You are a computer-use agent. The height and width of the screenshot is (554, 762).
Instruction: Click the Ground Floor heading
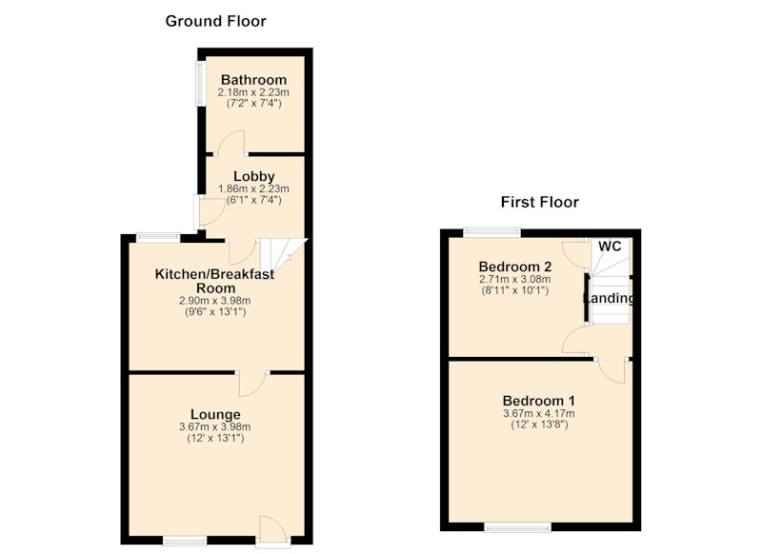tap(216, 21)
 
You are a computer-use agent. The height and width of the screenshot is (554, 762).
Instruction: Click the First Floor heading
tap(540, 202)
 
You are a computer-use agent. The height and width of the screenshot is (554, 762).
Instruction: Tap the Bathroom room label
tap(253, 80)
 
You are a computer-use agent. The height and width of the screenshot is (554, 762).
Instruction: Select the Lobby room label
tap(253, 176)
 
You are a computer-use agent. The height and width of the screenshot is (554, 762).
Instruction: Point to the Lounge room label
tap(215, 415)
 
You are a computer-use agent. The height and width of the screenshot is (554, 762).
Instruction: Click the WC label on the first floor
tap(610, 247)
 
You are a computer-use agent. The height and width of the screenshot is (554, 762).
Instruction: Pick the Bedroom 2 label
tap(515, 267)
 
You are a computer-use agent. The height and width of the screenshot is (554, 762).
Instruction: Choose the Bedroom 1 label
tap(539, 401)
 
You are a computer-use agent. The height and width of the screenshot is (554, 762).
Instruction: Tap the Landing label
tap(609, 298)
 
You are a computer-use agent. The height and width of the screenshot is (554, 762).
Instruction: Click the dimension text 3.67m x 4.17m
tap(539, 414)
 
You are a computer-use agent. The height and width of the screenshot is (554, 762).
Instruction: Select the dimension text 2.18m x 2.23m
tap(253, 92)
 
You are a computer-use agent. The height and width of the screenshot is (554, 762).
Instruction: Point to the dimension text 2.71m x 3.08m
tap(515, 279)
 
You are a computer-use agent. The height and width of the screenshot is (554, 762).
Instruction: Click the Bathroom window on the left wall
tap(200, 83)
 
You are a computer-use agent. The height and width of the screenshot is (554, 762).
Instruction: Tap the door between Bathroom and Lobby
tap(231, 144)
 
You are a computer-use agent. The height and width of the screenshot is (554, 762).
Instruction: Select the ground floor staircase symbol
tap(282, 256)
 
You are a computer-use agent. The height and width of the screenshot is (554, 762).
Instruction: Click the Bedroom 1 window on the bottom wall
tap(518, 526)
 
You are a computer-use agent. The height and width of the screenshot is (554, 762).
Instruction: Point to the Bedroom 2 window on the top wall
tap(491, 232)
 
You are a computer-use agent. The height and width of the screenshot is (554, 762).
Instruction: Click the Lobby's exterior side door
tap(210, 211)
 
